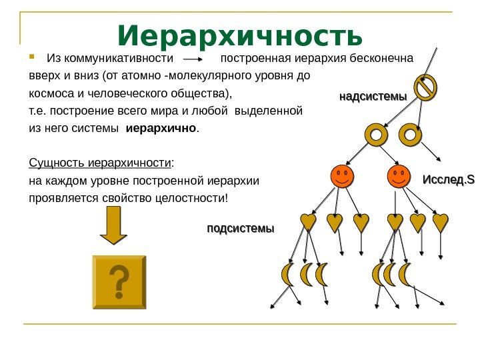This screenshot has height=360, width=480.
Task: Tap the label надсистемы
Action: (373, 97)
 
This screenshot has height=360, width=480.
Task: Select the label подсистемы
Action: (241, 229)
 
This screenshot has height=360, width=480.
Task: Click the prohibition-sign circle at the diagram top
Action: (425, 87)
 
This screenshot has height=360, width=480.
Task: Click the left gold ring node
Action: (377, 136)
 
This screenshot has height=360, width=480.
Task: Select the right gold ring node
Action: (410, 136)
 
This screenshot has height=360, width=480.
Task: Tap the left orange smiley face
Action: (342, 177)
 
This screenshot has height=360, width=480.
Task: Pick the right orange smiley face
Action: (399, 177)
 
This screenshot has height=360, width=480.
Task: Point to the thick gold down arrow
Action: (113, 225)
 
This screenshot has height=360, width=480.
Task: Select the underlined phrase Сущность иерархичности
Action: (100, 163)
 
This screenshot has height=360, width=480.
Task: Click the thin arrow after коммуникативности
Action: (196, 58)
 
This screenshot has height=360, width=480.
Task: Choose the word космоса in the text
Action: (51, 93)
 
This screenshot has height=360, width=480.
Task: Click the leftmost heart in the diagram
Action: (308, 223)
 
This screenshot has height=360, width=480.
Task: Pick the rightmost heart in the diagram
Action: (441, 223)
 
